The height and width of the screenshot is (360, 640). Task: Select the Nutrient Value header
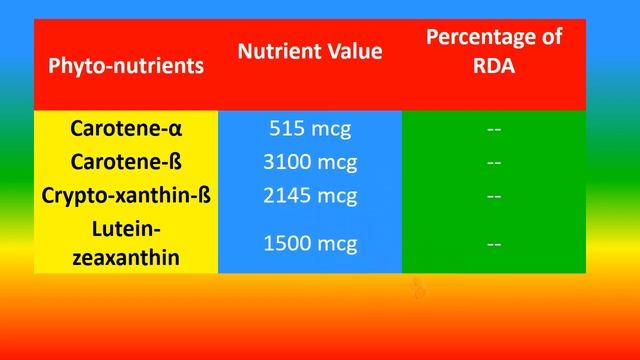pos(310,51)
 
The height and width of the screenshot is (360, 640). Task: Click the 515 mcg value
pos(310,129)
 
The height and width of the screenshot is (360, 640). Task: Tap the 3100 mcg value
pos(310,162)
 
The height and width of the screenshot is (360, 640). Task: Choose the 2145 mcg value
pos(310,195)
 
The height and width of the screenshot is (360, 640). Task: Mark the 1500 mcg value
pos(310,244)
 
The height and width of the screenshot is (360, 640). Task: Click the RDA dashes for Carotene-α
pos(493,129)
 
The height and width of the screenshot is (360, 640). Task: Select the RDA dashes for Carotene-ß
pos(493,162)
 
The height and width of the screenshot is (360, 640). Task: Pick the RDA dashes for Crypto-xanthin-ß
pos(493,195)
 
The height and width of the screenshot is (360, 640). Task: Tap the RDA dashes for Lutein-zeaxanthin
pos(493,244)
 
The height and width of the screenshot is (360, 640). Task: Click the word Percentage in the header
pos(493,38)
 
